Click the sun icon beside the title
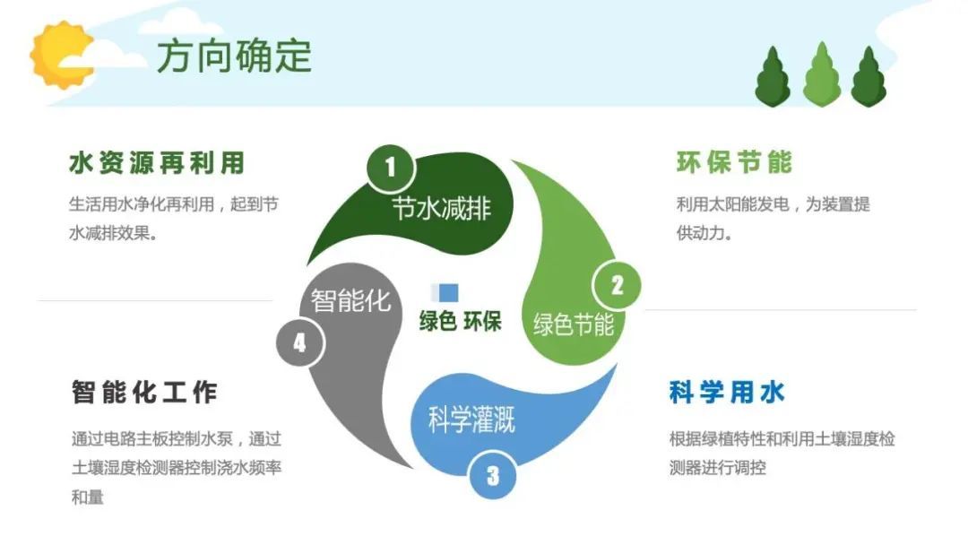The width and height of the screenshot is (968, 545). (61, 55)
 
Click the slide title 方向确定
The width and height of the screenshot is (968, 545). (234, 56)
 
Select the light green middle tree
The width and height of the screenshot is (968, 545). (822, 74)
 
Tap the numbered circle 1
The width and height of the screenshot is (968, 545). (391, 167)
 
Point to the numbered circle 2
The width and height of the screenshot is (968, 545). (617, 286)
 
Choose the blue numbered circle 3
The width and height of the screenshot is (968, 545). (493, 475)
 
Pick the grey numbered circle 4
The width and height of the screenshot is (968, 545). (300, 342)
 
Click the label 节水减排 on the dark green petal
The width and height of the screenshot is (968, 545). (441, 209)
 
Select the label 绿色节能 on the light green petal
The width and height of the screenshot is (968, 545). (574, 324)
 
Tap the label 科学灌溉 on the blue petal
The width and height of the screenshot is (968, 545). (471, 420)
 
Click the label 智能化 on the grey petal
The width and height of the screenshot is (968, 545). (350, 300)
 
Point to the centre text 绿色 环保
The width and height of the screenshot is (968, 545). (461, 321)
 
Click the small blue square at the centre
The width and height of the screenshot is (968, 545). (448, 292)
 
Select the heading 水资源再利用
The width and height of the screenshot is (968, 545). (158, 163)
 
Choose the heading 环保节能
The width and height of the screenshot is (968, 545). (735, 162)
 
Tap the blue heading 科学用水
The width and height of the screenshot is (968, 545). (727, 393)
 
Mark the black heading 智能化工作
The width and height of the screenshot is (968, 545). (144, 393)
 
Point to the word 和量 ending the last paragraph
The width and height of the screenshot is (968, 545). (87, 497)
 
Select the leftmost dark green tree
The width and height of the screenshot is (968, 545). (773, 76)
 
